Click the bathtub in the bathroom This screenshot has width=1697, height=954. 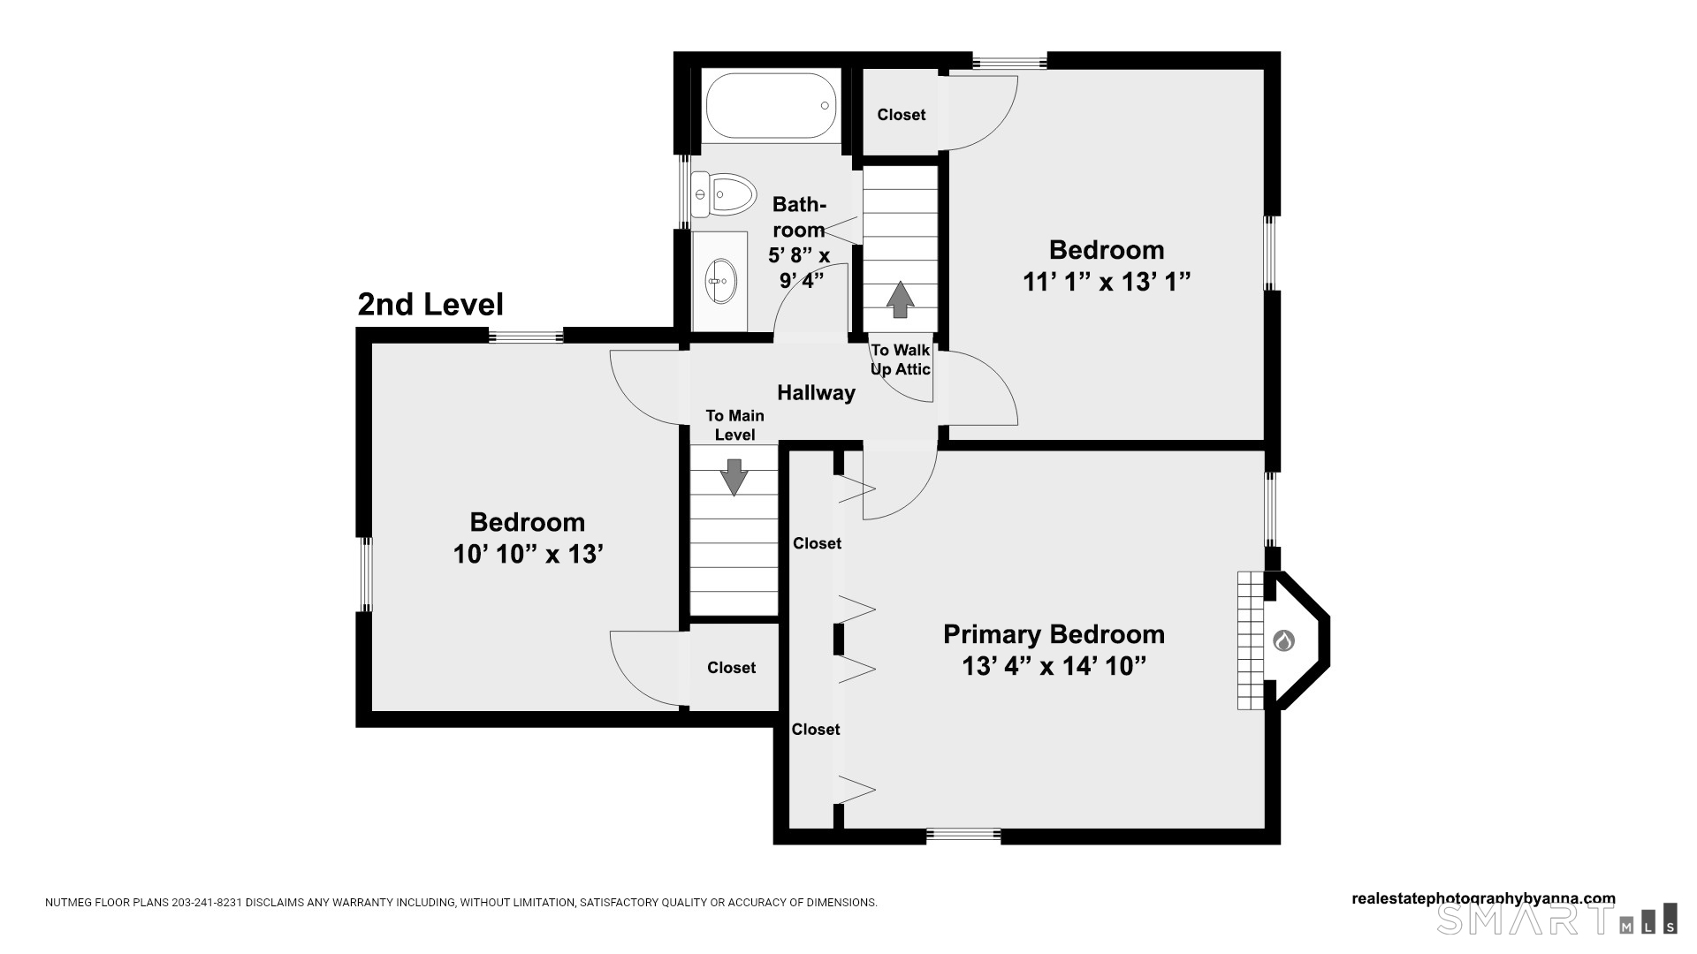pos(772,105)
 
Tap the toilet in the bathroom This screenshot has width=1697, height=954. pos(724,194)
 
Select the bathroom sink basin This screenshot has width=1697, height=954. pos(720,281)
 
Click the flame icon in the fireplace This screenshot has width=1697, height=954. pos(1283,640)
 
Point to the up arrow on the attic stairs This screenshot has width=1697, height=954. pos(900,299)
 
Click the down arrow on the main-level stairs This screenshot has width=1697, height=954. pos(734,477)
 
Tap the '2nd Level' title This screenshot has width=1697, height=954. pos(430,304)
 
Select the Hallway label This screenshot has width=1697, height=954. pos(816,393)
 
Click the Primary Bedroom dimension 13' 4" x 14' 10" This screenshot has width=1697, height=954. pos(1054,666)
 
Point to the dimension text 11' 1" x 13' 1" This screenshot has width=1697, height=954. pos(1107,282)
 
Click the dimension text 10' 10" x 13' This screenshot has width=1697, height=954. pos(528,554)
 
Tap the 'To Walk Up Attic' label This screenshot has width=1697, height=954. pos(901,360)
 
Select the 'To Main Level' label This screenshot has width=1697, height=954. pos(734,425)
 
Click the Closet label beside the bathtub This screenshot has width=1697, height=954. pos(902,115)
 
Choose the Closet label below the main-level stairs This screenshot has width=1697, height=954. pos(731,668)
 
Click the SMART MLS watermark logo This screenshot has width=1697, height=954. pos(1556,919)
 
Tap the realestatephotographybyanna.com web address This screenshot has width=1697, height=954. pos(1483,898)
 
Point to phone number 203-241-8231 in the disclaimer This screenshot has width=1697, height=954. pos(207,903)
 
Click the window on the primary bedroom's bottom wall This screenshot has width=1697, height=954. pos(963,835)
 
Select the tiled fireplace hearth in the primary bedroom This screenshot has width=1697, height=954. pos(1251,640)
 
